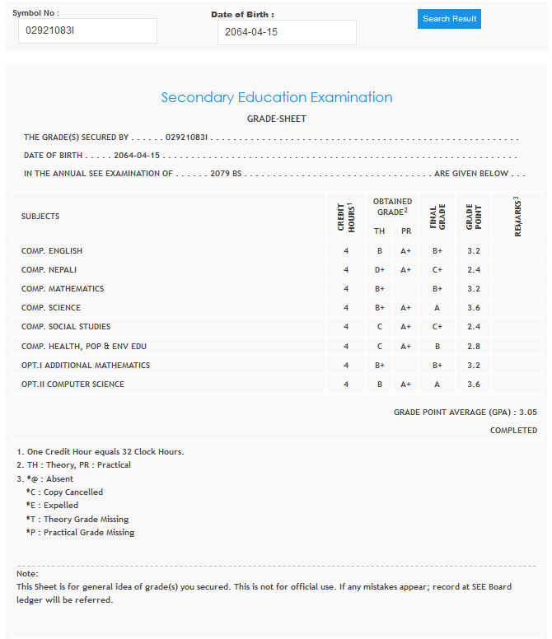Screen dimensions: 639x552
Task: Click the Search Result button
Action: pyautogui.click(x=449, y=19)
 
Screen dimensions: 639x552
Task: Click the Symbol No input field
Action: pyautogui.click(x=87, y=31)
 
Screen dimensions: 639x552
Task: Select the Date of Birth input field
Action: pyautogui.click(x=287, y=33)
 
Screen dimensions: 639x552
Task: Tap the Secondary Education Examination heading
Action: pyautogui.click(x=276, y=97)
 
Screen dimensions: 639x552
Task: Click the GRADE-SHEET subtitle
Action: pyautogui.click(x=276, y=119)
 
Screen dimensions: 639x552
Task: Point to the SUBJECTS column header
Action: pyautogui.click(x=40, y=217)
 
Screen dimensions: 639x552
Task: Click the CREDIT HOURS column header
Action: pyautogui.click(x=346, y=217)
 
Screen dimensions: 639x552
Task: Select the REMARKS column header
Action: pyautogui.click(x=517, y=217)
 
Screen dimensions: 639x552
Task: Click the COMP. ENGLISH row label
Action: pyautogui.click(x=52, y=251)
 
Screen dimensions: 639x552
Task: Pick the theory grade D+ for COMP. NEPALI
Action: pyautogui.click(x=380, y=270)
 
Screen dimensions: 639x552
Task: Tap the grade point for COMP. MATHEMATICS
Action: pyautogui.click(x=473, y=289)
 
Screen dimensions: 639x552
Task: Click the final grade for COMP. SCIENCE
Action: pyautogui.click(x=437, y=308)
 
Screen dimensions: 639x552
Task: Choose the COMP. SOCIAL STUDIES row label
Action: pyautogui.click(x=66, y=327)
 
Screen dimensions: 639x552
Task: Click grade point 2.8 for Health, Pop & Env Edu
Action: pyautogui.click(x=473, y=346)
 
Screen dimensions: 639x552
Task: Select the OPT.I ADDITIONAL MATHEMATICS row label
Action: pyautogui.click(x=86, y=365)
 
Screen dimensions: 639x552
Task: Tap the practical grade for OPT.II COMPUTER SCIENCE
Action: pyautogui.click(x=405, y=384)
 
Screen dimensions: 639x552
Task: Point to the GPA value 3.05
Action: pyautogui.click(x=528, y=412)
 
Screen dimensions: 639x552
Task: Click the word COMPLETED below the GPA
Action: pyautogui.click(x=513, y=431)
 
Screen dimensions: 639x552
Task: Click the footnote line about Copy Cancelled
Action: pyautogui.click(x=64, y=492)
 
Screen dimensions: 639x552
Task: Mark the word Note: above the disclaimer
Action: pyautogui.click(x=27, y=573)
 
